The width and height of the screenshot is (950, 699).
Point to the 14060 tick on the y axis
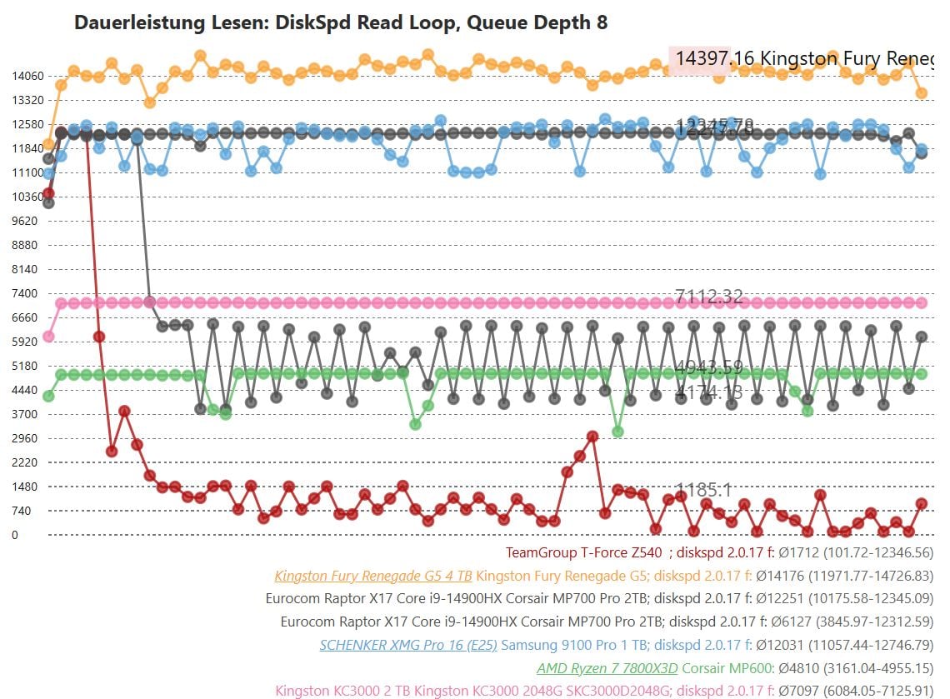[27, 76]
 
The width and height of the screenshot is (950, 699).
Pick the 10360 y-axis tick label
[27, 197]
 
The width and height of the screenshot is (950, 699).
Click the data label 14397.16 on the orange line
[714, 58]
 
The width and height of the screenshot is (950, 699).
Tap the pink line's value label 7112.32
[709, 296]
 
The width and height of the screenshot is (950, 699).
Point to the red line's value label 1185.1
[703, 490]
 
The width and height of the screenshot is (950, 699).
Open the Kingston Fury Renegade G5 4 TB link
[373, 576]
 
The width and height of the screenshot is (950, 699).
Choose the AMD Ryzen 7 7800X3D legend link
[607, 667]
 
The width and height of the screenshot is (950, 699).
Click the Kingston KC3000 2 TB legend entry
[343, 691]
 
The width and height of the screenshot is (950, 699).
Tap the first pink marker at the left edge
[48, 337]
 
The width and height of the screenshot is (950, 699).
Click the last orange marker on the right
[922, 93]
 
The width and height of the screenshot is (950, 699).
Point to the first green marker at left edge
[48, 397]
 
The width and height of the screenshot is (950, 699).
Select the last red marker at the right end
[922, 503]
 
